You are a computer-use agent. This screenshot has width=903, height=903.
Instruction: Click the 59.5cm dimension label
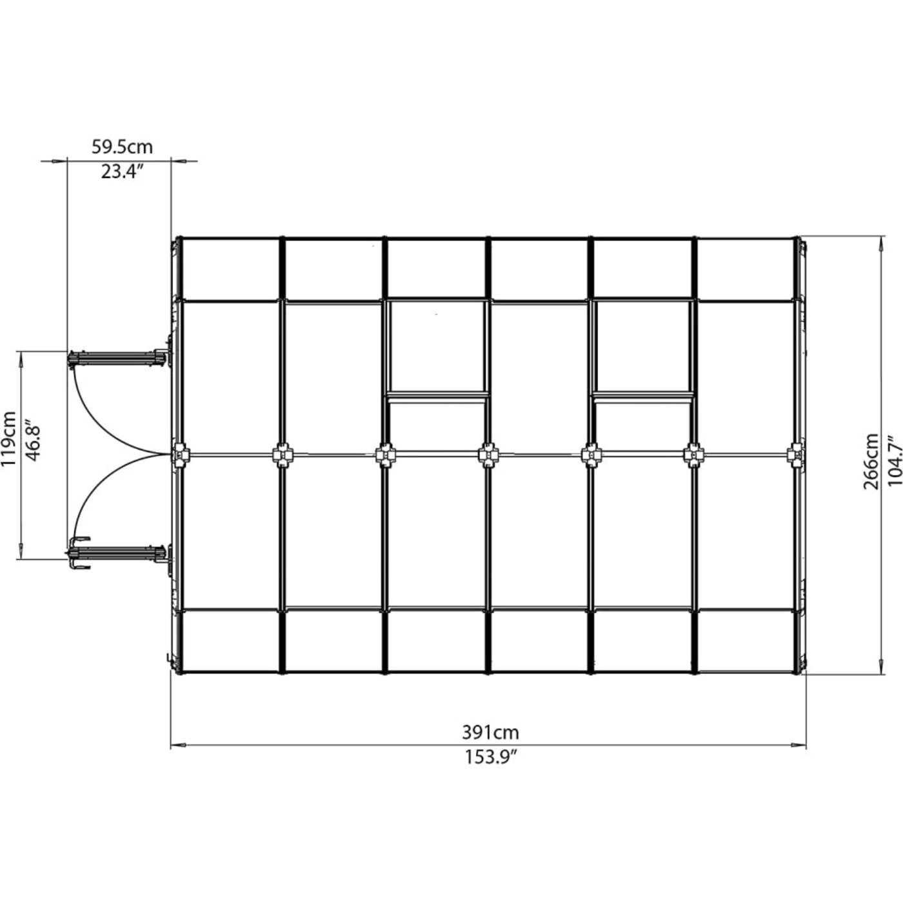(122, 147)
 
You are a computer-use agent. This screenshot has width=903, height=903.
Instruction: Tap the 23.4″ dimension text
(121, 172)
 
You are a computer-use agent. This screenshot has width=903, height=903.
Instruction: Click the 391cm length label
(490, 733)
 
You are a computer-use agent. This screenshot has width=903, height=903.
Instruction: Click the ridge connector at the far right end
(797, 455)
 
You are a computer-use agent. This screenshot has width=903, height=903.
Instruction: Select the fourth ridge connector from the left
(488, 455)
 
